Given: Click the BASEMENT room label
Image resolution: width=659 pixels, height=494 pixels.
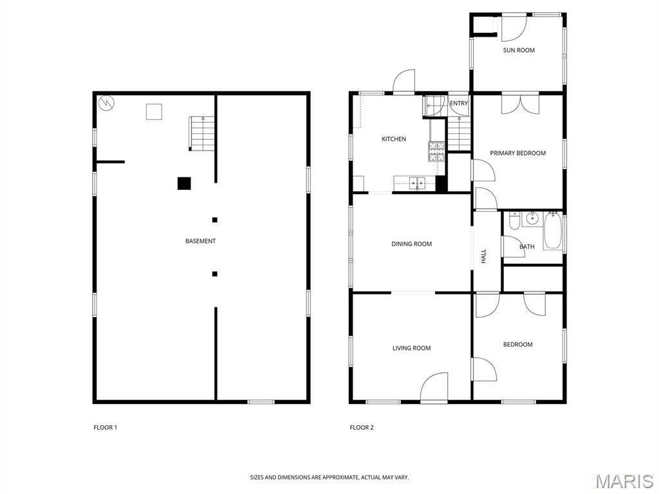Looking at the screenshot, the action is coord(201,241).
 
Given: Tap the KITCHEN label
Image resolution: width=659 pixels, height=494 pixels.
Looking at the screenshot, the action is coord(394,139).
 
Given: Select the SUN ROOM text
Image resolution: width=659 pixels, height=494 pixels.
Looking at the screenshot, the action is coord(519,50).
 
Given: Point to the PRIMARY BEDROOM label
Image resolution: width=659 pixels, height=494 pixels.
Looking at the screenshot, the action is coord(518,153).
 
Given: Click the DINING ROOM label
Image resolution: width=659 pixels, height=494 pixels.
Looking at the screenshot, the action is coord(411,244).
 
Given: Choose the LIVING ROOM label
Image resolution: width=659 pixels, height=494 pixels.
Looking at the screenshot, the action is coord(411,348).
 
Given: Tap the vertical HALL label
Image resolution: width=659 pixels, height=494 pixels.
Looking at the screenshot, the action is coord(484,256).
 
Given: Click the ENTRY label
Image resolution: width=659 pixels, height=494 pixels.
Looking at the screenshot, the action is coord(458,104).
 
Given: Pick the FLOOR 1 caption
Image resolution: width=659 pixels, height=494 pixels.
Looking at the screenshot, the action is coord(105,428).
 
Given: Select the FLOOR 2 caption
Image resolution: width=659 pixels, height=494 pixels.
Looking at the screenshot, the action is coord(362,428).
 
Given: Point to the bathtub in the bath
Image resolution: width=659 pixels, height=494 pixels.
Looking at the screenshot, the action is coord(552,232).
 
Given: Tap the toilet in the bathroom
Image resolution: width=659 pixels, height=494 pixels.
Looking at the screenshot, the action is coord(514,221).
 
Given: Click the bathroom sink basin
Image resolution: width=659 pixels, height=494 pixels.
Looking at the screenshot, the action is coord(532,219).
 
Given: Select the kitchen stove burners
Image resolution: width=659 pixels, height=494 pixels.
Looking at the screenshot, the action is coord(436,152).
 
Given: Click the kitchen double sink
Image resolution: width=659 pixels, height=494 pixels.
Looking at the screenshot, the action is coord(417,183).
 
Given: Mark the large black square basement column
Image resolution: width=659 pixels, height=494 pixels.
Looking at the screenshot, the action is coord(184,183).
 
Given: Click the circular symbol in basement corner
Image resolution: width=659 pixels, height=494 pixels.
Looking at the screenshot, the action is coord(106,103).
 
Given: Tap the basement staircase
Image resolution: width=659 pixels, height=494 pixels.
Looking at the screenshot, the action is coord(201,134).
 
